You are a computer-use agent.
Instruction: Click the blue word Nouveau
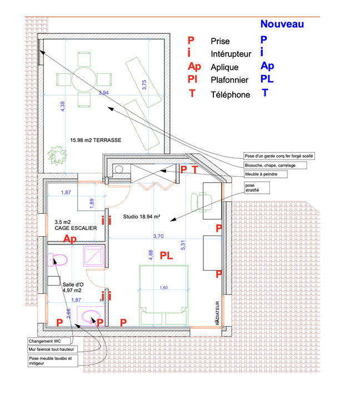tap(282, 23)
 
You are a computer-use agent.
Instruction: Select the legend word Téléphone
tap(230, 95)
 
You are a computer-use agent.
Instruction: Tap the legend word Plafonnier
tap(229, 81)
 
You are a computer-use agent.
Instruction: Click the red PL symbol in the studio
tap(167, 256)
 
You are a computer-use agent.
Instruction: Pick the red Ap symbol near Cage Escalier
tap(70, 239)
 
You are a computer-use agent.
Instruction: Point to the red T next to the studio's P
tap(194, 169)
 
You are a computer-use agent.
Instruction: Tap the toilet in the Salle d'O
tap(58, 259)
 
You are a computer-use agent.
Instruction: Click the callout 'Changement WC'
tap(48, 341)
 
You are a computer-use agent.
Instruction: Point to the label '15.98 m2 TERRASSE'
tap(96, 140)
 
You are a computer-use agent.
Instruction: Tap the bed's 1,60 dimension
tap(163, 288)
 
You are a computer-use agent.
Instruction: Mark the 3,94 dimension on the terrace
tap(103, 93)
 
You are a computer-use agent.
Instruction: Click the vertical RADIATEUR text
tap(218, 313)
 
